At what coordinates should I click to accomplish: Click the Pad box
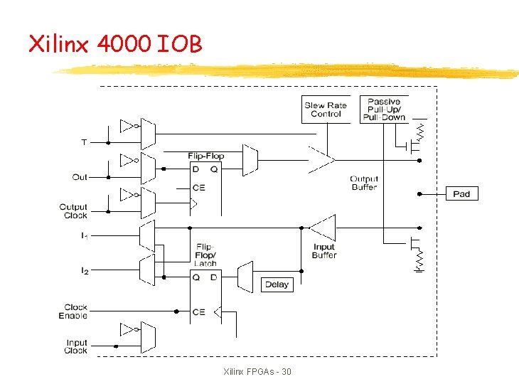(461, 193)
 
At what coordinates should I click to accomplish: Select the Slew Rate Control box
(326, 110)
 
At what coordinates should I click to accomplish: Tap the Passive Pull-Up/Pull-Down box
(384, 110)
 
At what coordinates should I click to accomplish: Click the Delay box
(277, 284)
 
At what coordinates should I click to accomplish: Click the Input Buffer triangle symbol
(323, 228)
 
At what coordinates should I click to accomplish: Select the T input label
(84, 142)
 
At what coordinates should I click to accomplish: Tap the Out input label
(80, 177)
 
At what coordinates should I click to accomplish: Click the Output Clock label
(74, 211)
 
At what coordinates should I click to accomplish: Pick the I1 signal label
(84, 235)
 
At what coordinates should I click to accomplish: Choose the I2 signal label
(84, 270)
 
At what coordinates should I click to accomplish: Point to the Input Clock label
(75, 346)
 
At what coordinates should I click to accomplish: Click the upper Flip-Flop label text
(206, 156)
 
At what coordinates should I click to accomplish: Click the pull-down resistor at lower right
(419, 259)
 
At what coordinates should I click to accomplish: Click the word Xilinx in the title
(59, 45)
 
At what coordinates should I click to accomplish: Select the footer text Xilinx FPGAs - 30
(257, 372)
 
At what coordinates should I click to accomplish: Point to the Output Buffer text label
(364, 183)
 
